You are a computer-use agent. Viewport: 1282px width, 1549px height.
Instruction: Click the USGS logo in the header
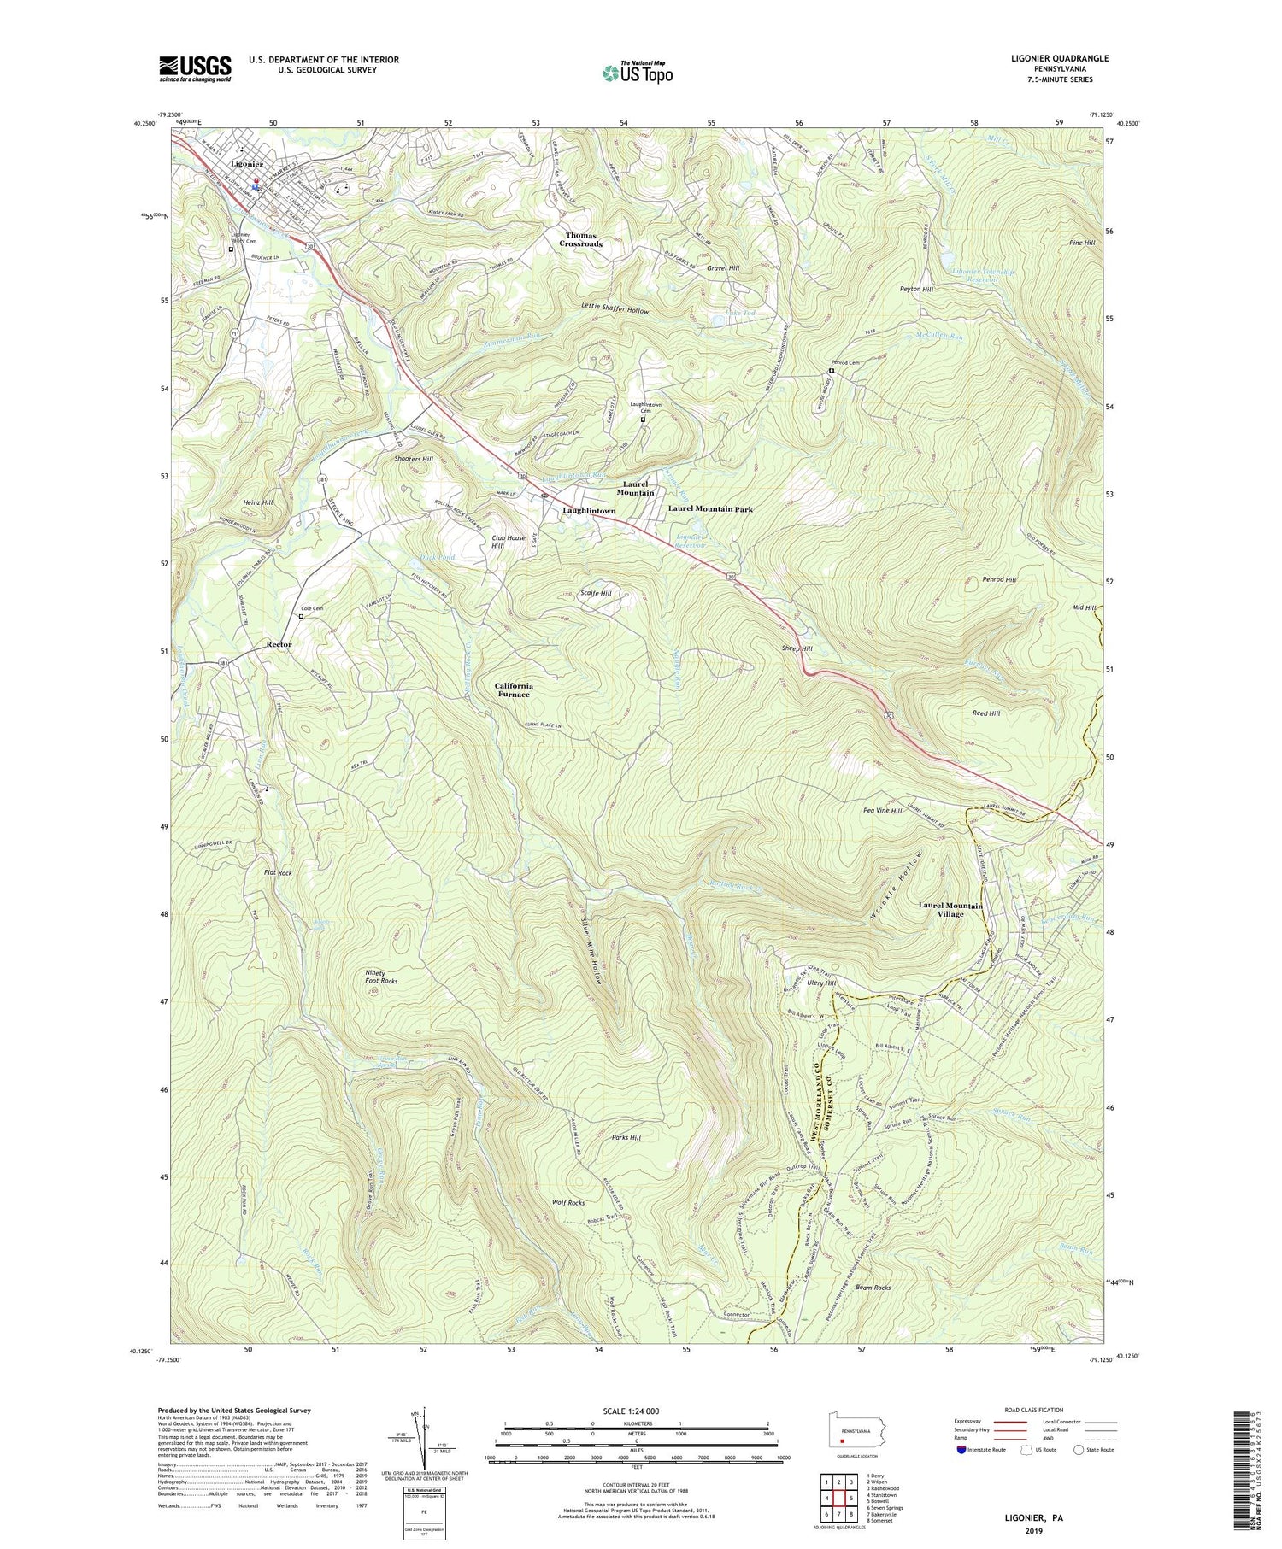[x=195, y=68]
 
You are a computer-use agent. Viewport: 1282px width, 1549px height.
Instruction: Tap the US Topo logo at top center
[x=637, y=73]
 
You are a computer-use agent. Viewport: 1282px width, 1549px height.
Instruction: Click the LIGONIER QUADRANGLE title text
[x=1059, y=58]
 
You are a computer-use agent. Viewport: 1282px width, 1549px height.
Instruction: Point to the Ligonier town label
[x=246, y=164]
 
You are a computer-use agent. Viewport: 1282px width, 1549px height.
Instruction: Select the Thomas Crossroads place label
[x=581, y=239]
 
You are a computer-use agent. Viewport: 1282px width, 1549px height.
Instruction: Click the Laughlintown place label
[x=589, y=511]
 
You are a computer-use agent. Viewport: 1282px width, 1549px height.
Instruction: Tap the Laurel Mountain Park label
[x=710, y=509]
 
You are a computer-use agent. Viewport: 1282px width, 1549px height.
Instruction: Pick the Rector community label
[x=279, y=644]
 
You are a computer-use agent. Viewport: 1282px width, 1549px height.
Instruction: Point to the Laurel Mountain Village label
[x=950, y=909]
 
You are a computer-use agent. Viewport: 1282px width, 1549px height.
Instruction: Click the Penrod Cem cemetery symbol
[x=832, y=371]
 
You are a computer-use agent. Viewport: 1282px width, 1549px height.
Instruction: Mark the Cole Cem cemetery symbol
[x=301, y=615]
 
